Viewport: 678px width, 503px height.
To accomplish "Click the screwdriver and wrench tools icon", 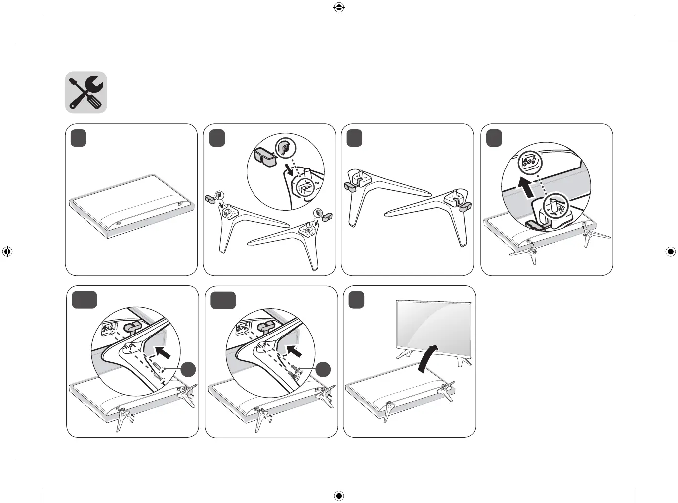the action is pyautogui.click(x=86, y=92).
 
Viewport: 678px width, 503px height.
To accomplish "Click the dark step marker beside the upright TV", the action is pyautogui.click(x=356, y=300).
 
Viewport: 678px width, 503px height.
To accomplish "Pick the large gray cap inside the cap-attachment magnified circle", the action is pyautogui.click(x=265, y=156).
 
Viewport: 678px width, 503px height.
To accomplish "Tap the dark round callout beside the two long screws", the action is pyautogui.click(x=188, y=370).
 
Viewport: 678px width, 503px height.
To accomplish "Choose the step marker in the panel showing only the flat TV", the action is pyautogui.click(x=79, y=138).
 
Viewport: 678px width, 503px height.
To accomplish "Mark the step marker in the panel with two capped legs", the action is pyautogui.click(x=354, y=138).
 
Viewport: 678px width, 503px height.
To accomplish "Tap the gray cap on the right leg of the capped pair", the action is pyautogui.click(x=466, y=205).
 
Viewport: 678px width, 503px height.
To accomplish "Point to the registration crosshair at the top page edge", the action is pyautogui.click(x=339, y=7).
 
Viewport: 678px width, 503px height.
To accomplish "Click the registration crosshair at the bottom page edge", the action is pyautogui.click(x=339, y=495).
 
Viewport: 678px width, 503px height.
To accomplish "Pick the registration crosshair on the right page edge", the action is pyautogui.click(x=670, y=251).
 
